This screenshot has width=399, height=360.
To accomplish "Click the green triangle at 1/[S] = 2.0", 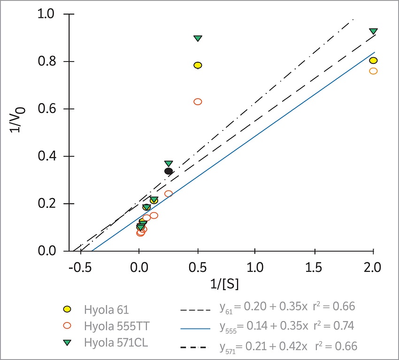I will [x=373, y=31].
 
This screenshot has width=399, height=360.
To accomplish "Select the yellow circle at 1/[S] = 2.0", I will [x=373, y=61].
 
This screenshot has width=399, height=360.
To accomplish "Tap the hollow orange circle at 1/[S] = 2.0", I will [x=373, y=71].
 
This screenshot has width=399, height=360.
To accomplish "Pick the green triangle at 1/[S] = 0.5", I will [x=198, y=38].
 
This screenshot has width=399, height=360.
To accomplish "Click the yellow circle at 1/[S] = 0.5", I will [x=198, y=65].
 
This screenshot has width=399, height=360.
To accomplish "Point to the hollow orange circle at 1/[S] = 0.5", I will [x=198, y=101].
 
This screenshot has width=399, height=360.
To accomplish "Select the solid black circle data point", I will [x=169, y=171].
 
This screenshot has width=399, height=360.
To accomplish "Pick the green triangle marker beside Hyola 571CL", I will [x=67, y=343].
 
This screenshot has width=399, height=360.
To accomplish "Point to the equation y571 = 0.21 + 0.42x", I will [x=263, y=346].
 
